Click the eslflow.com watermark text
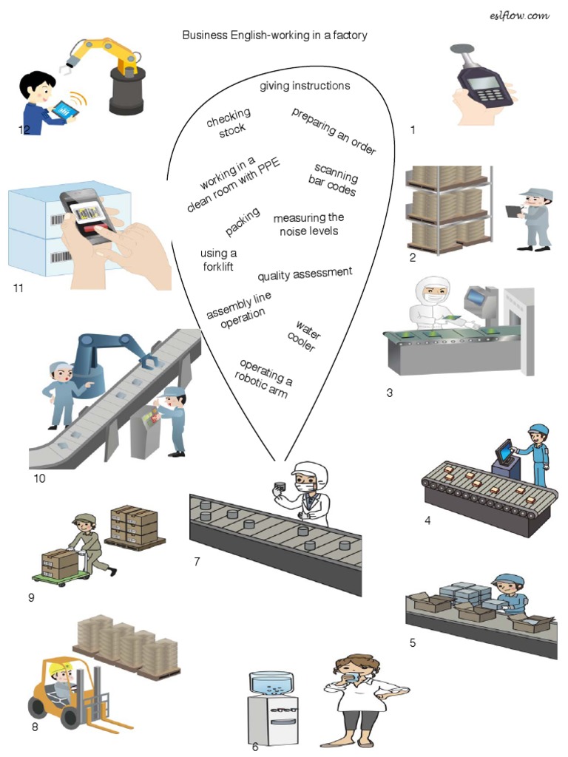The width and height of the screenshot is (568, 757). [519, 16]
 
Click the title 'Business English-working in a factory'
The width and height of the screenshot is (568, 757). [274, 35]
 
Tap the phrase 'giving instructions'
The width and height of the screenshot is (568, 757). [305, 86]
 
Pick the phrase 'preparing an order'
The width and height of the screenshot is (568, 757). [334, 131]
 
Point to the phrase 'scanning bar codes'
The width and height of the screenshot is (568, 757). [334, 180]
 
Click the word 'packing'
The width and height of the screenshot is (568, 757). [243, 222]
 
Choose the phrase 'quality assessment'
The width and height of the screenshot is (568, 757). [305, 274]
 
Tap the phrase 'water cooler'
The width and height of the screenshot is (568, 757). [303, 336]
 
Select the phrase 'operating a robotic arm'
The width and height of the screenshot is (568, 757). [265, 378]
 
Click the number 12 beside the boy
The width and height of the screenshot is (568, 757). [24, 130]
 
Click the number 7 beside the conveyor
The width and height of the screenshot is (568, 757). [197, 562]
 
